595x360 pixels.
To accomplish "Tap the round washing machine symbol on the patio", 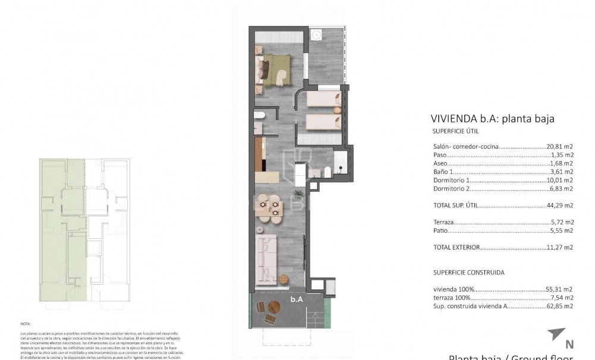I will click(317, 33).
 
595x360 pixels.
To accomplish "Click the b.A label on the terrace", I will click(297, 299).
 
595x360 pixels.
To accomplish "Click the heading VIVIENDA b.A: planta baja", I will click(492, 118).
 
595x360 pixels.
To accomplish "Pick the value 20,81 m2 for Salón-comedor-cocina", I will click(560, 146).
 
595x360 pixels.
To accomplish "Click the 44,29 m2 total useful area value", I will click(560, 206).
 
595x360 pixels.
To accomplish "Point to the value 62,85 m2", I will click(560, 306).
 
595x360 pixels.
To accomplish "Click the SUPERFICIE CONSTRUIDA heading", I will click(469, 272).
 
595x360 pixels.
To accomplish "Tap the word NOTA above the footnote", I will click(25, 324).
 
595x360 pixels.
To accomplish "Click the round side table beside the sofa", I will click(284, 279).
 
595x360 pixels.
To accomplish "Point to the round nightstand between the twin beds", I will click(337, 109).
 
